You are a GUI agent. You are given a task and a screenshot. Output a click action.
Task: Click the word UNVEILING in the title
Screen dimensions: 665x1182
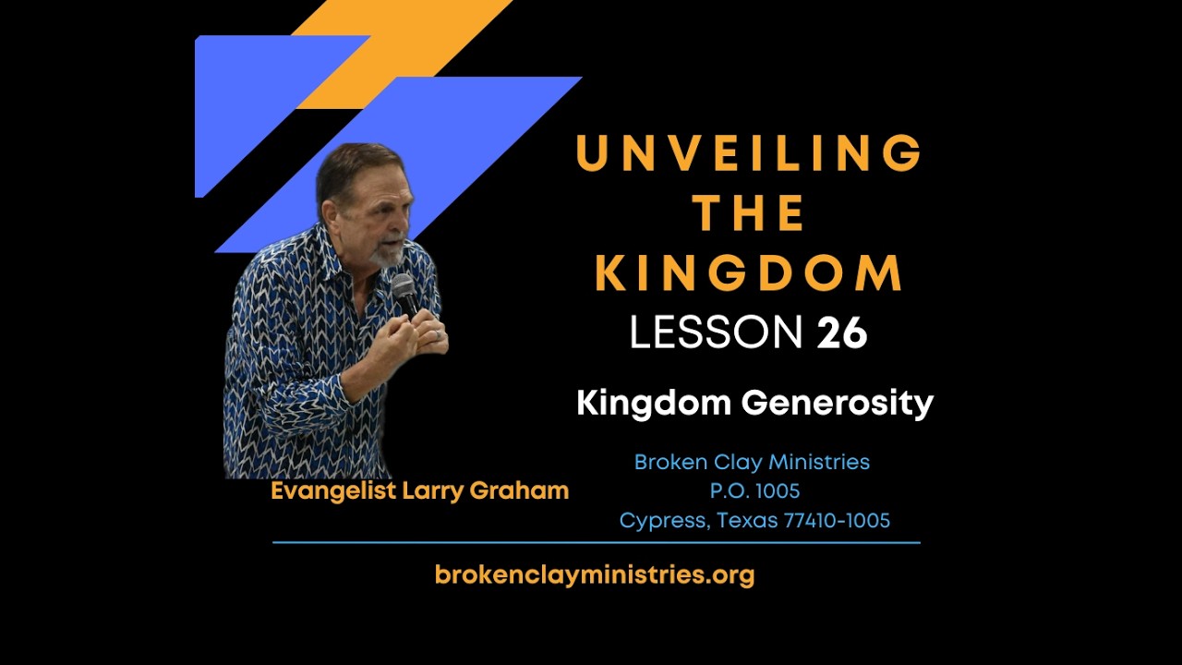click(749, 153)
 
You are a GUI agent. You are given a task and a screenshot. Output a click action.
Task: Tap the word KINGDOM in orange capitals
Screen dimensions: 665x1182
click(749, 272)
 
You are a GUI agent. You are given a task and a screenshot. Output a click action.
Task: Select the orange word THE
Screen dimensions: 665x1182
click(749, 213)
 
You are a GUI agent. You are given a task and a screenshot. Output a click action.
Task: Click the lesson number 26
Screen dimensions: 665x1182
click(841, 332)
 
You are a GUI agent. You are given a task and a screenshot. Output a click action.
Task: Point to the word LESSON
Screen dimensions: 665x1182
click(716, 332)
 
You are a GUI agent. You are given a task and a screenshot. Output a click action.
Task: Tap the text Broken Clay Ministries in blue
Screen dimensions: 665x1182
click(752, 462)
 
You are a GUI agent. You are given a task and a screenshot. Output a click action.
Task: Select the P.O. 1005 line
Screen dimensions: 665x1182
click(754, 491)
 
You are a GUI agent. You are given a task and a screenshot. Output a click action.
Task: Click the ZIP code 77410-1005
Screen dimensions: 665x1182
click(837, 521)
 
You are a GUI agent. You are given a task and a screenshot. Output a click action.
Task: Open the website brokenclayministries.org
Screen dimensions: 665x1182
click(594, 575)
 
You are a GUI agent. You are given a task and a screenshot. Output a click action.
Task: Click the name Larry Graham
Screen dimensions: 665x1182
click(486, 491)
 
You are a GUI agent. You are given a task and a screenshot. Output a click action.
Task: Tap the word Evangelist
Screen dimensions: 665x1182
click(334, 491)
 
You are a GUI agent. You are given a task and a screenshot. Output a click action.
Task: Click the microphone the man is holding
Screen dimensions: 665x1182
click(404, 292)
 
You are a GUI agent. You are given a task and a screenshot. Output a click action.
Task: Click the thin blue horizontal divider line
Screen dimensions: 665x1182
click(596, 543)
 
